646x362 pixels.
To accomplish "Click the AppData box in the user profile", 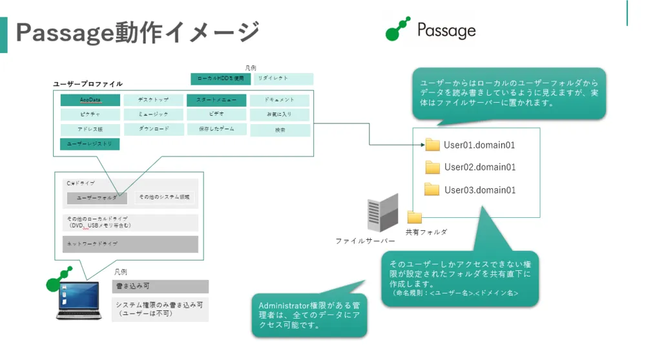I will [90, 100].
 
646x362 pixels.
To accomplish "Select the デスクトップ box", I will [153, 100].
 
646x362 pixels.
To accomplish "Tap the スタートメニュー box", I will [216, 100].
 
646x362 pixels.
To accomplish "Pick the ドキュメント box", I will [280, 100].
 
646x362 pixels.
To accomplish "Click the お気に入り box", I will [280, 115].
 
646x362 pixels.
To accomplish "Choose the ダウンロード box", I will [153, 129].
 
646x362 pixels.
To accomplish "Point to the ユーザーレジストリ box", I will [90, 144].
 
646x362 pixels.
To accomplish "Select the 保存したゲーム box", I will [216, 129].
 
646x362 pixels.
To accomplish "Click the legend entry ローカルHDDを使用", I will [220, 79].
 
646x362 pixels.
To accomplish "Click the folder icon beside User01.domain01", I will [432, 145].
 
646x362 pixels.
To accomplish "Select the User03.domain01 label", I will [479, 190].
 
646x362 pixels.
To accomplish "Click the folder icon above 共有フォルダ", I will [414, 218].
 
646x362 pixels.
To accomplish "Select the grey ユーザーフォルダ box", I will [97, 198].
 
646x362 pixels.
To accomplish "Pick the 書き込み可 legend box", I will [160, 286].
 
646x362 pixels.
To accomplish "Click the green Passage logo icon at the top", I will [398, 29].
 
